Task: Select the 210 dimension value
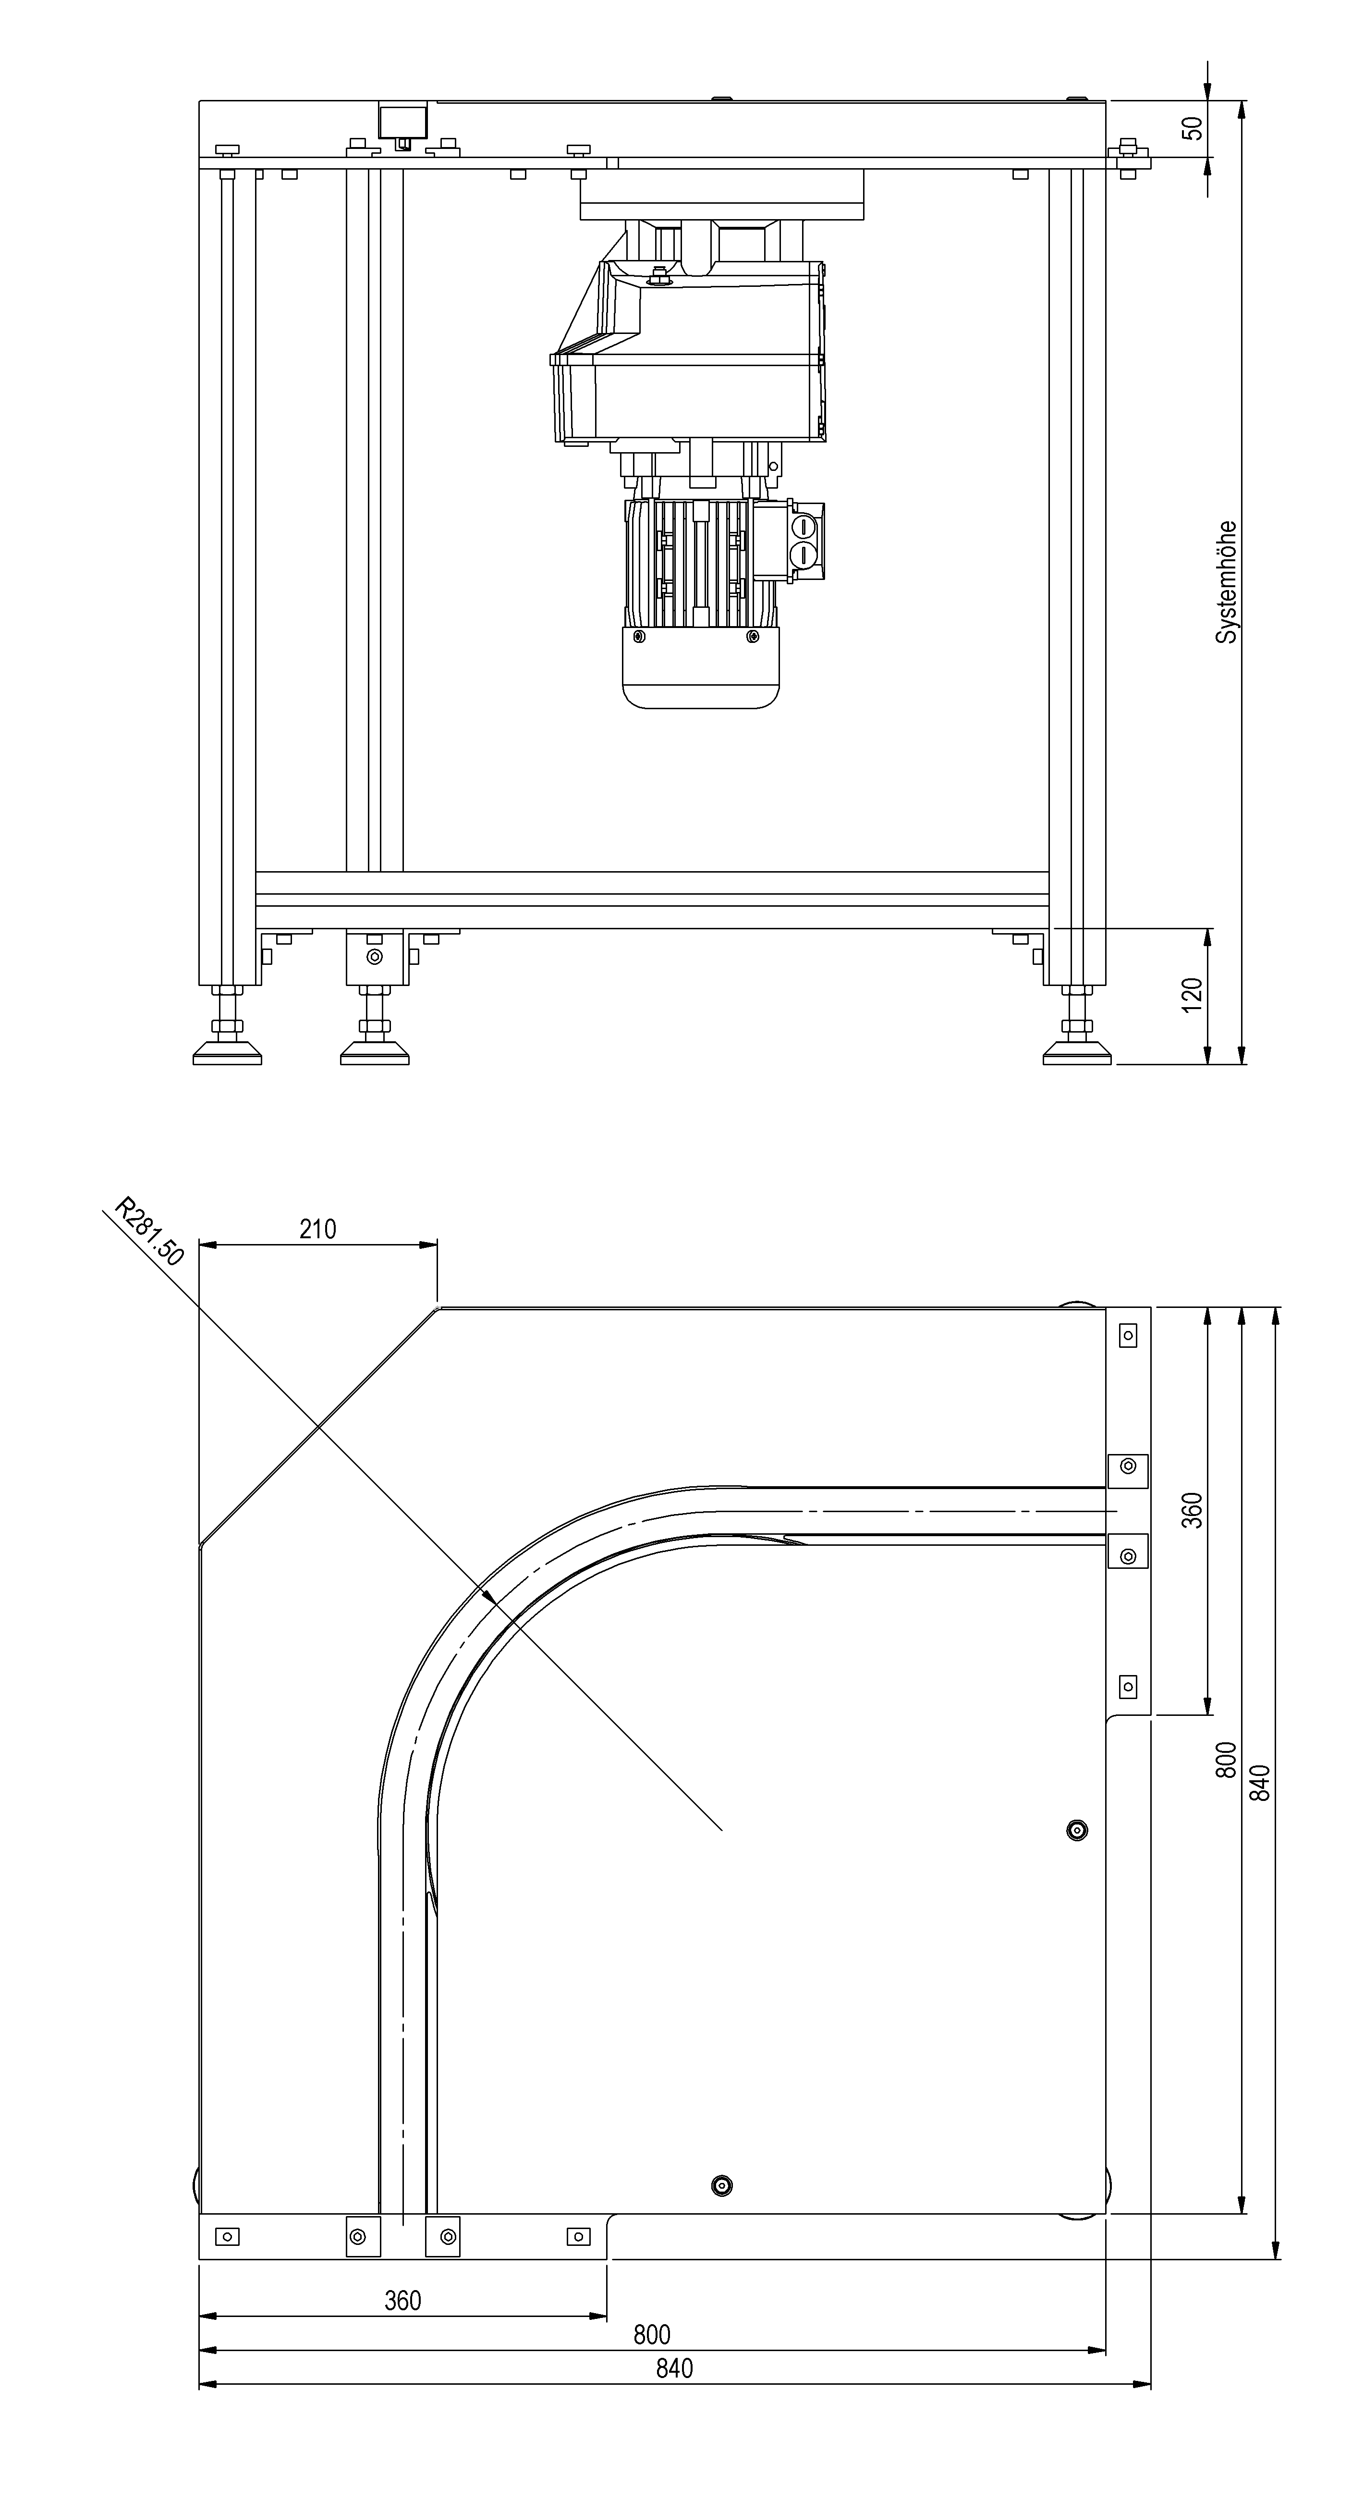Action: [317, 1229]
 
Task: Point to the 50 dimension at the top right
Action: [1192, 128]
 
